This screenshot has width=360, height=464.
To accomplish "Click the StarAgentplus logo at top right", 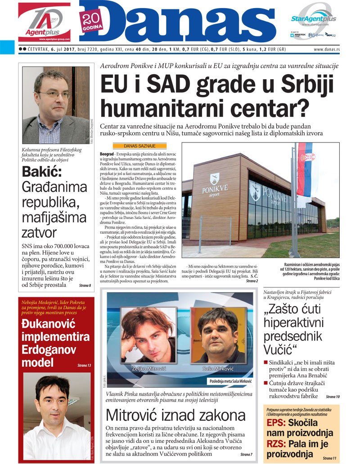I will coord(313,19).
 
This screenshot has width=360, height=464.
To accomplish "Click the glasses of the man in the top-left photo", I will coord(54,94).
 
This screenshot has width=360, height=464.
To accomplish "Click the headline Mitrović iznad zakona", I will coord(175,415).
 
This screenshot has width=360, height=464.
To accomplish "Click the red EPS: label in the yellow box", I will coord(275,423).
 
